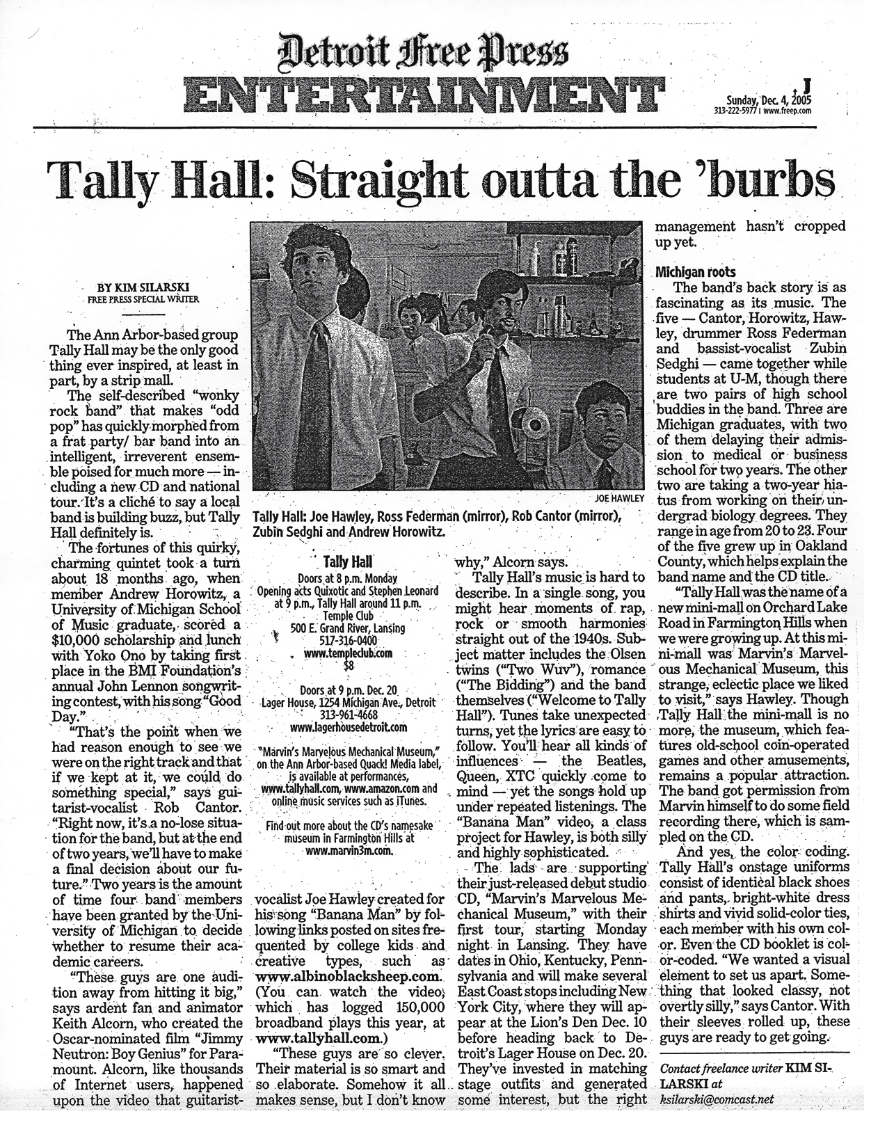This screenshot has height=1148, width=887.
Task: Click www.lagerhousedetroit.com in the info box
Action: pyautogui.click(x=348, y=728)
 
